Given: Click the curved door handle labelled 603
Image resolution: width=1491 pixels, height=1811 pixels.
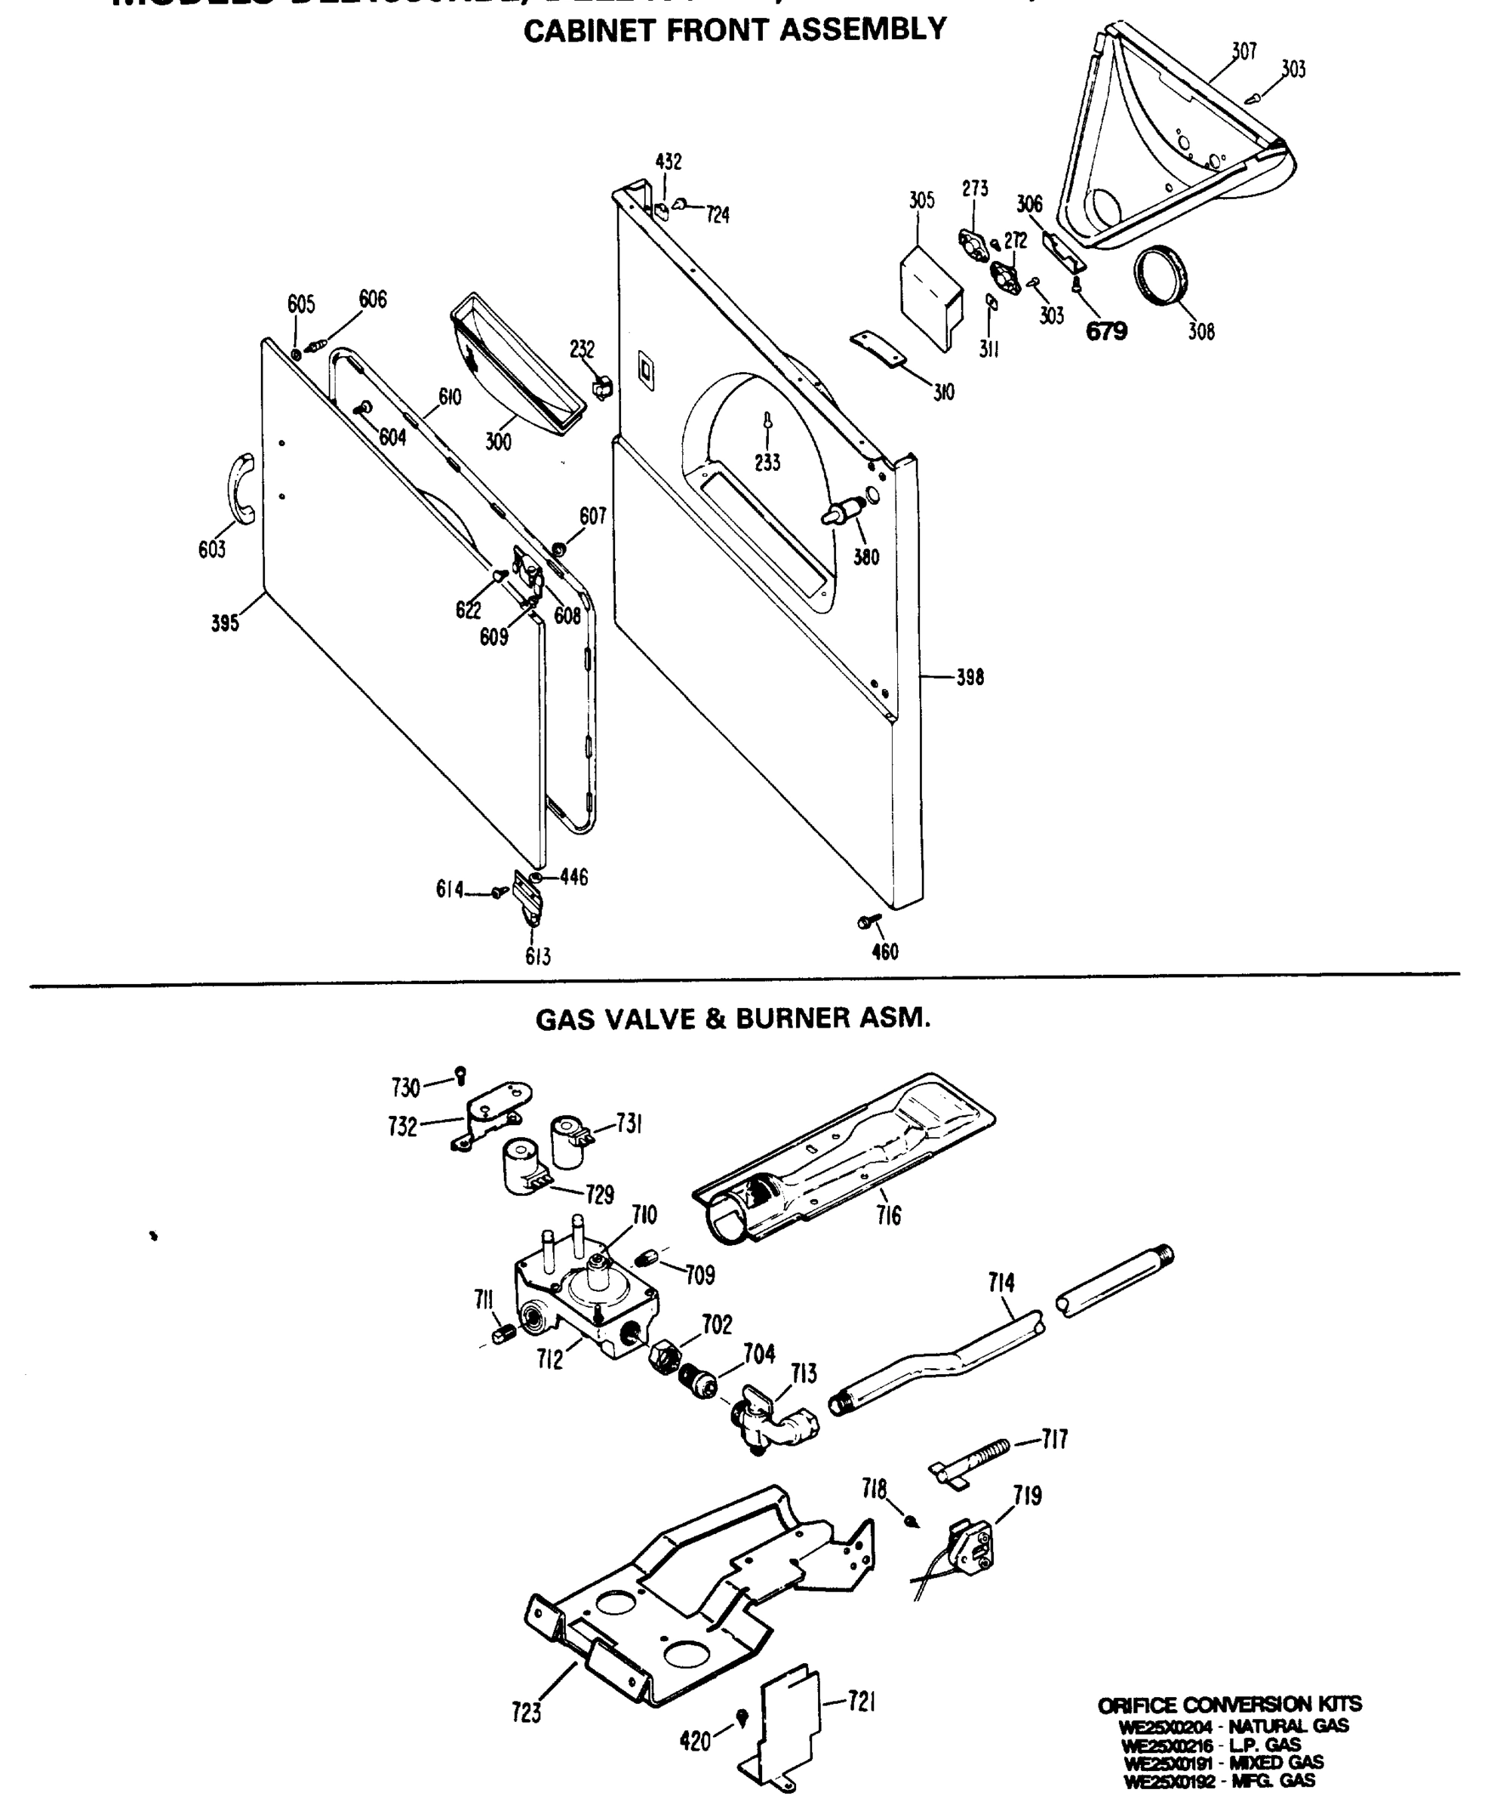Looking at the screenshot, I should (x=241, y=487).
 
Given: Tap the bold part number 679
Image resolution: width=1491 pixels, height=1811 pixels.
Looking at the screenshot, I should (x=1106, y=331).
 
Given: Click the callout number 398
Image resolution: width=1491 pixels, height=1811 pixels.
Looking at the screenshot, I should (x=970, y=678).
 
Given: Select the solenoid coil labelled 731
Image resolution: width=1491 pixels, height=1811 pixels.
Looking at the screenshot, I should (x=569, y=1140).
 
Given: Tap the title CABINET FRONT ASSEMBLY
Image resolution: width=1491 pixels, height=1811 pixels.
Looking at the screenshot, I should (x=734, y=31).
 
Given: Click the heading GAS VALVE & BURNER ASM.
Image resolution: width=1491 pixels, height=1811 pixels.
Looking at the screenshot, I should (x=733, y=1019).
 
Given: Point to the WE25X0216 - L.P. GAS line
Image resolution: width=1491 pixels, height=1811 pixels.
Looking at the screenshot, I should (x=1211, y=1745).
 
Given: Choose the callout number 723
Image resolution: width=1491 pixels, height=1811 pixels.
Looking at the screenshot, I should (x=526, y=1713).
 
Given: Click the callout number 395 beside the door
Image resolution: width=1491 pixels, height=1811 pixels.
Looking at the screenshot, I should (x=225, y=624).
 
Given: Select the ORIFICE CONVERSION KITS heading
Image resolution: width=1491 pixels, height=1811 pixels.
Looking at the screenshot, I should (x=1229, y=1705).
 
